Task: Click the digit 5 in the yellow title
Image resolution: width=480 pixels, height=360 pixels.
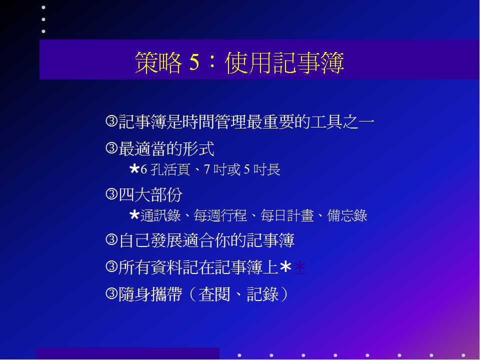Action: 194,62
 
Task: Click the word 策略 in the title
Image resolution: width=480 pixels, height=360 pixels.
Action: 158,62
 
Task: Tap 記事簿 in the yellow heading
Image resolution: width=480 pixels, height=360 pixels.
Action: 308,62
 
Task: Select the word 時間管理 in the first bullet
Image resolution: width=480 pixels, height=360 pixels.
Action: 214,121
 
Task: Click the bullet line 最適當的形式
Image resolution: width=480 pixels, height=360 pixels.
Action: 166,149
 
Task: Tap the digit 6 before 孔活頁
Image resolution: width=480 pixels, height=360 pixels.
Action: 144,169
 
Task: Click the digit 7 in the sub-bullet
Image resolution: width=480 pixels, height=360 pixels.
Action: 207,169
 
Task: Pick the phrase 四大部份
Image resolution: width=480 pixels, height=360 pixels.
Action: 150,194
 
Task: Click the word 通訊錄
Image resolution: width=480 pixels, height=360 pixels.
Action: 160,215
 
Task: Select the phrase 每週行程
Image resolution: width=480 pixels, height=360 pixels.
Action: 220,215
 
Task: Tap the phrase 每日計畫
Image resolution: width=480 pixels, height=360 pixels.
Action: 287,215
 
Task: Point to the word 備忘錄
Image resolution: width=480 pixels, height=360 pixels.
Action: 347,215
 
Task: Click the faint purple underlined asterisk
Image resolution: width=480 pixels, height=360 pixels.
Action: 300,267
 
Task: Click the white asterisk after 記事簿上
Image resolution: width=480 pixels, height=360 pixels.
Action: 285,267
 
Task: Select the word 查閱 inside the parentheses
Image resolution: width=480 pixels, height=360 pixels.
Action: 214,294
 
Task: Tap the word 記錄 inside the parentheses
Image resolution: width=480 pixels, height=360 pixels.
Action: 262,294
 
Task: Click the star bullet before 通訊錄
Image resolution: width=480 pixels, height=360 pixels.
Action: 134,215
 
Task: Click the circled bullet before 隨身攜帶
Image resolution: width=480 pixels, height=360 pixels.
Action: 111,294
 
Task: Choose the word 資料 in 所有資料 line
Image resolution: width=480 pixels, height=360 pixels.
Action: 166,267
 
